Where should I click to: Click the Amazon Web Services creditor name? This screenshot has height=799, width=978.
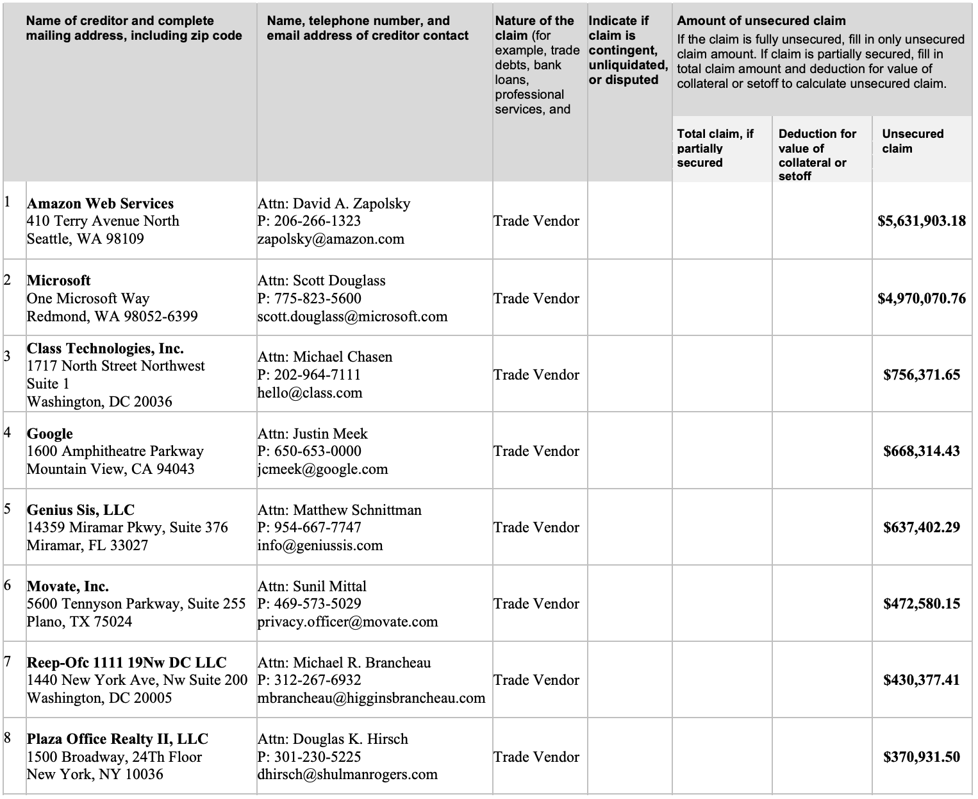[x=100, y=204]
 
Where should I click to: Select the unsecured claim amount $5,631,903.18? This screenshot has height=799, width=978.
[x=921, y=221]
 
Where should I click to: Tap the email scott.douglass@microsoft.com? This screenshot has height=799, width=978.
[x=352, y=316]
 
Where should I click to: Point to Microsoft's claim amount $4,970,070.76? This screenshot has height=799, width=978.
[x=921, y=298]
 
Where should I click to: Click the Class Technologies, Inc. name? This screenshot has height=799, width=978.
[x=105, y=349]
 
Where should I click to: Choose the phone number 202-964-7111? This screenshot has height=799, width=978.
[x=317, y=374]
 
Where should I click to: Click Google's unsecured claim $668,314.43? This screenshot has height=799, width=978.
[x=921, y=451]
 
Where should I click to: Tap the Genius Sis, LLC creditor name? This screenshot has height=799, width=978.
[x=81, y=510]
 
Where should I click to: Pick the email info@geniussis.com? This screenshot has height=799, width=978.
[x=320, y=546]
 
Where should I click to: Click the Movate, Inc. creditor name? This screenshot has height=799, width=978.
[x=68, y=587]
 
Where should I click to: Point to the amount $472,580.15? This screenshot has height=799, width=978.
[x=921, y=604]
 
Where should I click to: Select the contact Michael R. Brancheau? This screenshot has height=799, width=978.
[x=361, y=662]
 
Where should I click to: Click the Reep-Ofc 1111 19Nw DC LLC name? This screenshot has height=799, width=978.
[x=127, y=663]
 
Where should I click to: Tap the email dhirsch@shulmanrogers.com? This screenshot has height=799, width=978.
[x=347, y=775]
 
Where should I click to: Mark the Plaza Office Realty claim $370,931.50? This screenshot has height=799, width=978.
[x=921, y=757]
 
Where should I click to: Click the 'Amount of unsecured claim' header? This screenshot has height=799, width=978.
[x=761, y=21]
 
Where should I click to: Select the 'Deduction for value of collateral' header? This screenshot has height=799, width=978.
[x=817, y=155]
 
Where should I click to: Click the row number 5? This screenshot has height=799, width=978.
[x=8, y=510]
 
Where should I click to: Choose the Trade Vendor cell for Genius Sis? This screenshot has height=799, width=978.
[x=536, y=528]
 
